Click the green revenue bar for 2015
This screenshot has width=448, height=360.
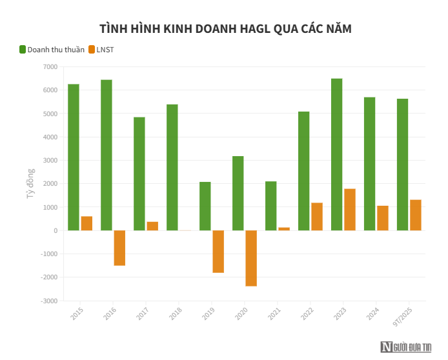click(74, 157)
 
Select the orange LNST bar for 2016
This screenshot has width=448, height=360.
click(119, 248)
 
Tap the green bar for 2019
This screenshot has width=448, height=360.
click(205, 206)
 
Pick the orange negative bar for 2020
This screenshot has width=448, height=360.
click(251, 258)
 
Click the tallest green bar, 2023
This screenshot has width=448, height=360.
click(337, 154)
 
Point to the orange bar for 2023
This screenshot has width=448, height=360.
click(350, 210)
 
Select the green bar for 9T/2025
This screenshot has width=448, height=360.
click(402, 165)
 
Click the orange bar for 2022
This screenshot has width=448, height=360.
click(317, 217)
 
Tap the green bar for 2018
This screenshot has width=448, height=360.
click(172, 167)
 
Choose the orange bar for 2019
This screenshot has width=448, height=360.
click(218, 252)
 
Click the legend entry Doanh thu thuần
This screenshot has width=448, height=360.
click(56, 50)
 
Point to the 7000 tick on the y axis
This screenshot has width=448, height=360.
click(50, 67)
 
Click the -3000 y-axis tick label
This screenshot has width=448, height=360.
click(48, 301)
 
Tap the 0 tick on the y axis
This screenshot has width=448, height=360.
click(55, 230)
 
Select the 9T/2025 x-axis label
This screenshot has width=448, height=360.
click(403, 317)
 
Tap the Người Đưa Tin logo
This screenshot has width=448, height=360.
click(407, 346)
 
